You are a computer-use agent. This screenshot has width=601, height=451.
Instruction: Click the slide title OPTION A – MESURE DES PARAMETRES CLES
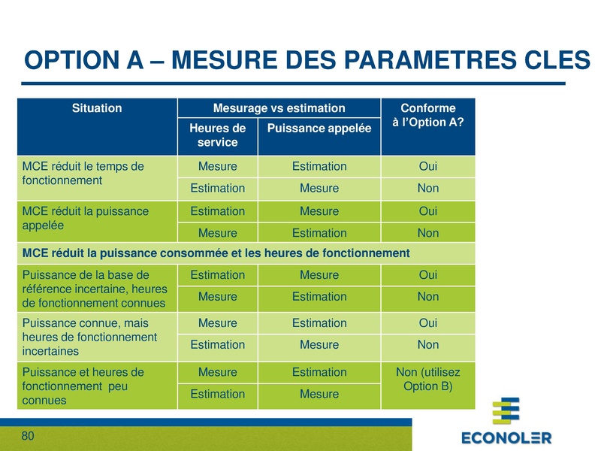click(x=307, y=60)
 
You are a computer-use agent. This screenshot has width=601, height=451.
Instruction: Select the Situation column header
click(x=97, y=108)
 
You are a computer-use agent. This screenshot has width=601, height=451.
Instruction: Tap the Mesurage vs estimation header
click(x=279, y=108)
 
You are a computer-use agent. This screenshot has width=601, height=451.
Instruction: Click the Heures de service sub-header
click(x=217, y=135)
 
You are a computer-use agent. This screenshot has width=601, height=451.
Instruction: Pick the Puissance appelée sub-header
click(x=319, y=129)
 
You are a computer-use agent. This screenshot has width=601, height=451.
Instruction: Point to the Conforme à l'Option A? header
click(x=427, y=116)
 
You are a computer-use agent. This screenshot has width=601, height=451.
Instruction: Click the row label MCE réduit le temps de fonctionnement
click(x=83, y=174)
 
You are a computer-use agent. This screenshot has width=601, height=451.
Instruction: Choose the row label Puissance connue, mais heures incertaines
click(x=90, y=337)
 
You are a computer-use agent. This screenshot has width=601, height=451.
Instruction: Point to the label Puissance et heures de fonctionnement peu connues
click(x=83, y=386)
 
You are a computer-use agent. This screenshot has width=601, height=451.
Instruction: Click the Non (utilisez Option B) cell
click(x=427, y=380)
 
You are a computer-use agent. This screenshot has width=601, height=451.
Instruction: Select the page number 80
click(x=28, y=437)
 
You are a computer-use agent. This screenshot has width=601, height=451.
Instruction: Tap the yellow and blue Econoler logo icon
click(x=506, y=412)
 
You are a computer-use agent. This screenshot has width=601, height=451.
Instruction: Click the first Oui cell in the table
click(x=427, y=166)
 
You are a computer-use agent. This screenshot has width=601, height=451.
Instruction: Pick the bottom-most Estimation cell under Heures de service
click(x=217, y=394)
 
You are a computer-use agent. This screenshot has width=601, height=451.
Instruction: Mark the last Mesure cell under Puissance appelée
click(x=319, y=394)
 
